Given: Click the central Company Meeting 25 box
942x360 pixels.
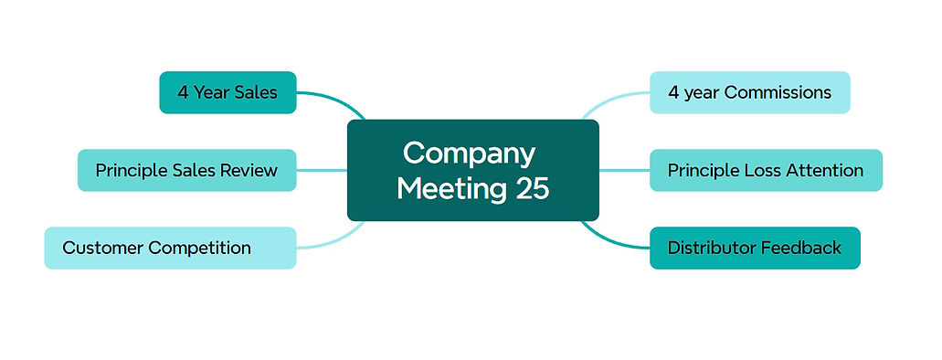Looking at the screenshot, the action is (472, 170).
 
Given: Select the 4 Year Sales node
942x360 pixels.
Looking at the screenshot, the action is (228, 92).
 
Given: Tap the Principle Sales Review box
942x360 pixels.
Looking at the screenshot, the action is (186, 170).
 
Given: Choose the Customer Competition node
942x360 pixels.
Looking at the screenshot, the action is (170, 248).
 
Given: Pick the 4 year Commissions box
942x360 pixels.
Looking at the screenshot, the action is (749, 92).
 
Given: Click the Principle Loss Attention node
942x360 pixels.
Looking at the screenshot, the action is (766, 170).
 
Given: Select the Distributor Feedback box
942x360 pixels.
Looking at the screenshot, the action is (755, 248).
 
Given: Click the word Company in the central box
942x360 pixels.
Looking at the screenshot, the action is (469, 152).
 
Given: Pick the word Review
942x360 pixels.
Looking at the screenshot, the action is (249, 170).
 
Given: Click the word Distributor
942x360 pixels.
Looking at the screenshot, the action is (713, 248).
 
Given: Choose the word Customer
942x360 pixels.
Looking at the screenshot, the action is (102, 248).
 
